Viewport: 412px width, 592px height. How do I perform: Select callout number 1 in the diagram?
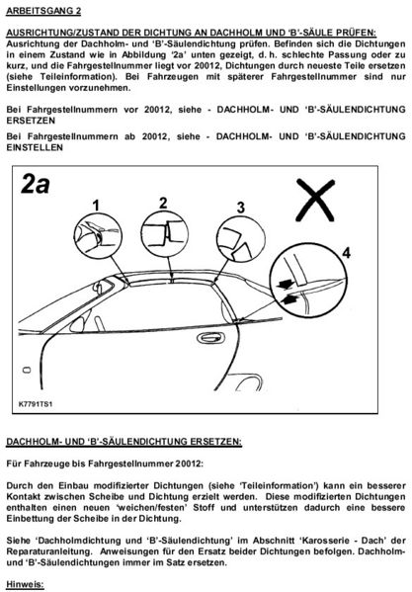[x=97, y=204]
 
